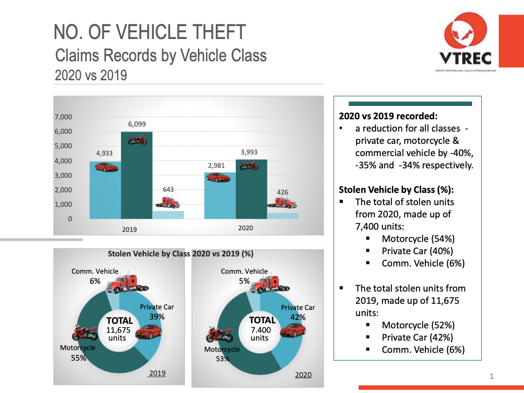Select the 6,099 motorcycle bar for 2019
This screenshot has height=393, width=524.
137,178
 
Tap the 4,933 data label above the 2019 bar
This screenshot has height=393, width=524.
104,153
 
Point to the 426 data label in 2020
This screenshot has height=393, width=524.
283,192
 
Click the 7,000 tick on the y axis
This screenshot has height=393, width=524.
63,117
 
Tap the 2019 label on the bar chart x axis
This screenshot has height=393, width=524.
129,229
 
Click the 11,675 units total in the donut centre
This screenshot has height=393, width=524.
120,329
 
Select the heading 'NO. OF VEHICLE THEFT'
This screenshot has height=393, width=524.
150,32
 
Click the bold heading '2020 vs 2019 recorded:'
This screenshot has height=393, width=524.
388,117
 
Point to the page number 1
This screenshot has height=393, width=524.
492,377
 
